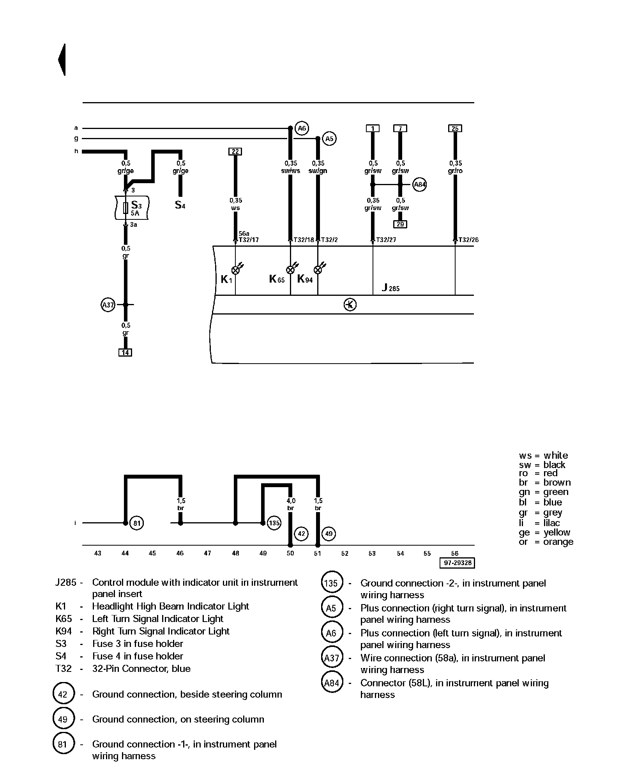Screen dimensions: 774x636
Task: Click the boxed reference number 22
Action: pyautogui.click(x=235, y=152)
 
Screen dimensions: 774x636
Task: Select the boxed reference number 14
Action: pyautogui.click(x=125, y=353)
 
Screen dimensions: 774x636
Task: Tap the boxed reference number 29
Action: pyautogui.click(x=400, y=224)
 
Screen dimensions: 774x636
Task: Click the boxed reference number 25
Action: pyautogui.click(x=455, y=129)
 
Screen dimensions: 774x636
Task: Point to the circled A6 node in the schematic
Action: pyautogui.click(x=302, y=128)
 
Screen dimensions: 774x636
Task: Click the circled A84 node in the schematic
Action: pyautogui.click(x=419, y=185)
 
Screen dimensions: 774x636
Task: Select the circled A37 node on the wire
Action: pyautogui.click(x=108, y=305)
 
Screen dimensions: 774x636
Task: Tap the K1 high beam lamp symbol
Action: pyautogui.click(x=236, y=270)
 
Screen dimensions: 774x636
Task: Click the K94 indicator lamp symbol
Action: pyautogui.click(x=318, y=270)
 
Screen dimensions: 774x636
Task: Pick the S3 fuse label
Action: pyautogui.click(x=136, y=205)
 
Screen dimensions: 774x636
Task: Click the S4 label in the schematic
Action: pyautogui.click(x=180, y=205)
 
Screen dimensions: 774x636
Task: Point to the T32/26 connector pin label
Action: pyautogui.click(x=468, y=240)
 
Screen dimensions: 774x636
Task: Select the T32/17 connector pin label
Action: pyautogui.click(x=248, y=240)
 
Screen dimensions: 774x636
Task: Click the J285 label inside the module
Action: pyautogui.click(x=390, y=288)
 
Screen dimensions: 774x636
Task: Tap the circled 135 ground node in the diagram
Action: pyautogui.click(x=274, y=523)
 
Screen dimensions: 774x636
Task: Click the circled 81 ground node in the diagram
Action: pyautogui.click(x=136, y=523)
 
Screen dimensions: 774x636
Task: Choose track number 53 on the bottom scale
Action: pyautogui.click(x=372, y=553)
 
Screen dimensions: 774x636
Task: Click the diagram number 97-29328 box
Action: pyautogui.click(x=458, y=563)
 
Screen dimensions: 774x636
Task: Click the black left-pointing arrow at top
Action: pyautogui.click(x=62, y=60)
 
